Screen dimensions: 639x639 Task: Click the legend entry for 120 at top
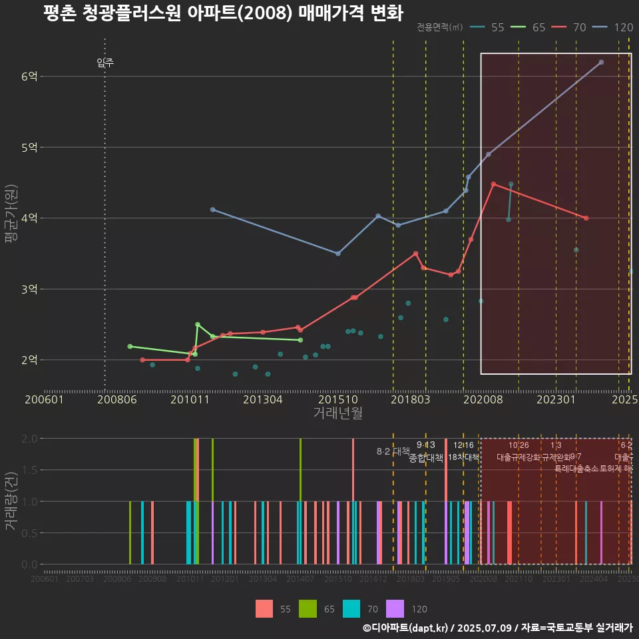[x=623, y=27]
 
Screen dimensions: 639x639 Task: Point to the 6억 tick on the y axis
[x=29, y=76]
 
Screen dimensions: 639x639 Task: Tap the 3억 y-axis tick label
[x=29, y=289]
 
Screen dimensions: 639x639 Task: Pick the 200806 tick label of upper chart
[x=117, y=400]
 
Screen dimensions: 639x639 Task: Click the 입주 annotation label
[x=105, y=63]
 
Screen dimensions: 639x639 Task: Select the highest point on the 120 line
[x=601, y=62]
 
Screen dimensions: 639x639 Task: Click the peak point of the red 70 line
[x=493, y=184]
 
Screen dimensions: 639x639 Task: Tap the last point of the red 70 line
[x=586, y=218]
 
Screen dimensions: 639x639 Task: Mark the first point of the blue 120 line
[x=212, y=209]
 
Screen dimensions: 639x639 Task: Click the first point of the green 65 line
[x=130, y=346]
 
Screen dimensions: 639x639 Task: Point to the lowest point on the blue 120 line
[x=338, y=254]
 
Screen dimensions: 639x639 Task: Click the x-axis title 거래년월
[x=337, y=413]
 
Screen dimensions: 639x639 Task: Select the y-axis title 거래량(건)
[x=11, y=501]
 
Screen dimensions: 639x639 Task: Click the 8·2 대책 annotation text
[x=393, y=451]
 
